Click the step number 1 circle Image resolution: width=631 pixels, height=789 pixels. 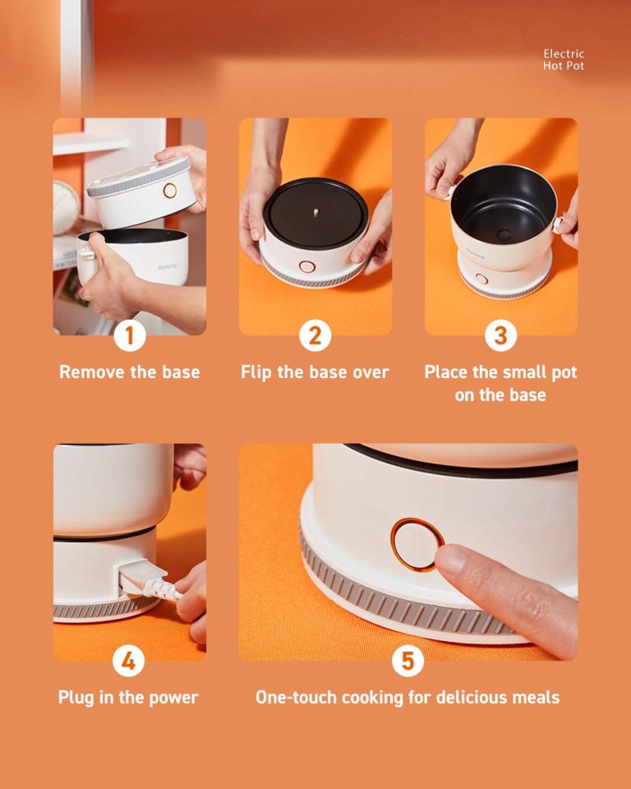tap(130, 335)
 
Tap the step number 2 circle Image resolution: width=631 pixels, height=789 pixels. tap(315, 335)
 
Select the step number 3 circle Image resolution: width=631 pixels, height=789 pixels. tap(501, 335)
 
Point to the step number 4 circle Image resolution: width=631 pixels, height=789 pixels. tap(129, 661)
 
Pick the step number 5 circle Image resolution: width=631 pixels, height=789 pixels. tap(408, 661)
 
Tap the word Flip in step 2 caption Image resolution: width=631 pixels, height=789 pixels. tap(256, 372)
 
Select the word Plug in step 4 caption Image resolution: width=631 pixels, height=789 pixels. tap(76, 698)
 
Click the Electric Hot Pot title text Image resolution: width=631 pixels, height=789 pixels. tap(564, 59)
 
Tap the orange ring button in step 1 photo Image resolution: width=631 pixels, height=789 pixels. tap(170, 191)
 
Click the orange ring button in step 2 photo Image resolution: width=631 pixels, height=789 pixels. tap(307, 266)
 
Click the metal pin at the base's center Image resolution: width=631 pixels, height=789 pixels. tap(316, 212)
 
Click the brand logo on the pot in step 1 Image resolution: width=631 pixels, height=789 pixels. tap(167, 266)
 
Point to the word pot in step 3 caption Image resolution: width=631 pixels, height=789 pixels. tap(564, 373)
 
